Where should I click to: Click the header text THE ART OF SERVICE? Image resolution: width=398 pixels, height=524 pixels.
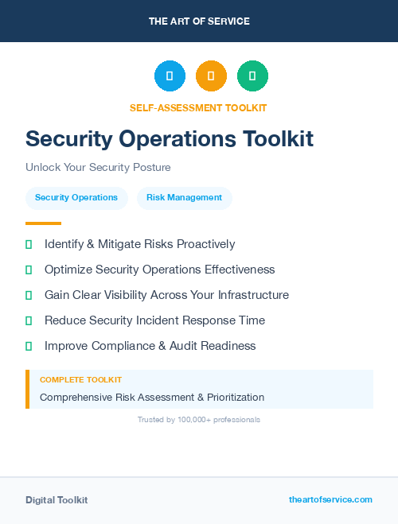point(199,21)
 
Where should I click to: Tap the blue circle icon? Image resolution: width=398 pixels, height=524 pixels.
point(170,76)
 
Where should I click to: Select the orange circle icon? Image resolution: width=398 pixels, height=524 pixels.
point(211,76)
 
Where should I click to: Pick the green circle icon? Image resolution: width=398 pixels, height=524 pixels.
point(252,76)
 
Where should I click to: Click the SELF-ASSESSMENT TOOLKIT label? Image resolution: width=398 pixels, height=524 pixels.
point(198,107)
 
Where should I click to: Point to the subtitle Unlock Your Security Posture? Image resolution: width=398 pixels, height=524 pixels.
point(98,168)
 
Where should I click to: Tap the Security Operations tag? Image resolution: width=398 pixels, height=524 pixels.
point(76,197)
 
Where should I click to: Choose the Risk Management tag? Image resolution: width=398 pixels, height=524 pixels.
point(184,197)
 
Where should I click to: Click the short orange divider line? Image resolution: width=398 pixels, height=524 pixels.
point(43,223)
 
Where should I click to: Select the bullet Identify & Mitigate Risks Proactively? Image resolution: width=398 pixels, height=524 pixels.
point(139,244)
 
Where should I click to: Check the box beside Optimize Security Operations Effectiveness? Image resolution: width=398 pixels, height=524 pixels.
point(29,270)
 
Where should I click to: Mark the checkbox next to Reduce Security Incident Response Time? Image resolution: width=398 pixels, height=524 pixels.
point(29,320)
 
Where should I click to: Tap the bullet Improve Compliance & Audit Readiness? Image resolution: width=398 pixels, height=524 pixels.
point(150,346)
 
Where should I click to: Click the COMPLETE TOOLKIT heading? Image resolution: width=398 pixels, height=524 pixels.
point(80,380)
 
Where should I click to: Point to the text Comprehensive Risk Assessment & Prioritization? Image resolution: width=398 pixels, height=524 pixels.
point(152,397)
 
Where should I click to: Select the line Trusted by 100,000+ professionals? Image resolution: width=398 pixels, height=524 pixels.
point(199,419)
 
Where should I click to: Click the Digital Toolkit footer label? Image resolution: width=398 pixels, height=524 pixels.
point(57,500)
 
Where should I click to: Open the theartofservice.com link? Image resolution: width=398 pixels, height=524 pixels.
point(330,499)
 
